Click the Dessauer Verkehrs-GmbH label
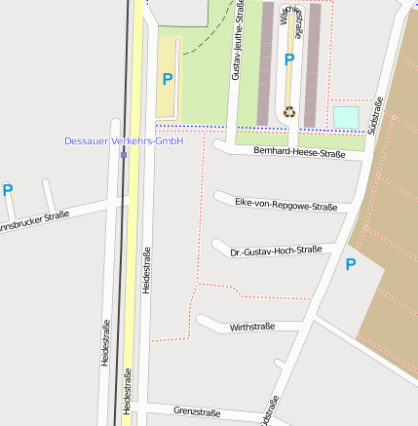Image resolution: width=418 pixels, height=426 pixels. tap(124, 141)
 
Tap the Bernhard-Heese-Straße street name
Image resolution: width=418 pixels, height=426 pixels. tap(299, 153)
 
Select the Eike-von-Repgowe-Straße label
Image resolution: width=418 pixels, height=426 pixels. tap(286, 205)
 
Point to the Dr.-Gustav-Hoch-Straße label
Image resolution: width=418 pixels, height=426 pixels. tap(276, 252)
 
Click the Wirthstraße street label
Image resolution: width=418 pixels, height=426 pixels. tap(252, 327)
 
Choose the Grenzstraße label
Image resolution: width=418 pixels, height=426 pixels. tap(197, 411)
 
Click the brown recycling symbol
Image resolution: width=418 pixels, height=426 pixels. tap(288, 111)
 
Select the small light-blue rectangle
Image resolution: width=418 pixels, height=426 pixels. tap(346, 117)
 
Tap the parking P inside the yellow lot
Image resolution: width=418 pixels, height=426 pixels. tap(168, 79)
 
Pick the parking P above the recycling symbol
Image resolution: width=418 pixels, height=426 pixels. tap(288, 60)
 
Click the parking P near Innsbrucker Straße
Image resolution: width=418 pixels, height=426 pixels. tap(8, 190)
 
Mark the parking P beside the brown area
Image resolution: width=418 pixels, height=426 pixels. tap(351, 264)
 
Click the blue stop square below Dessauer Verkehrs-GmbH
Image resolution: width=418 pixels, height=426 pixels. tap(124, 154)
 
